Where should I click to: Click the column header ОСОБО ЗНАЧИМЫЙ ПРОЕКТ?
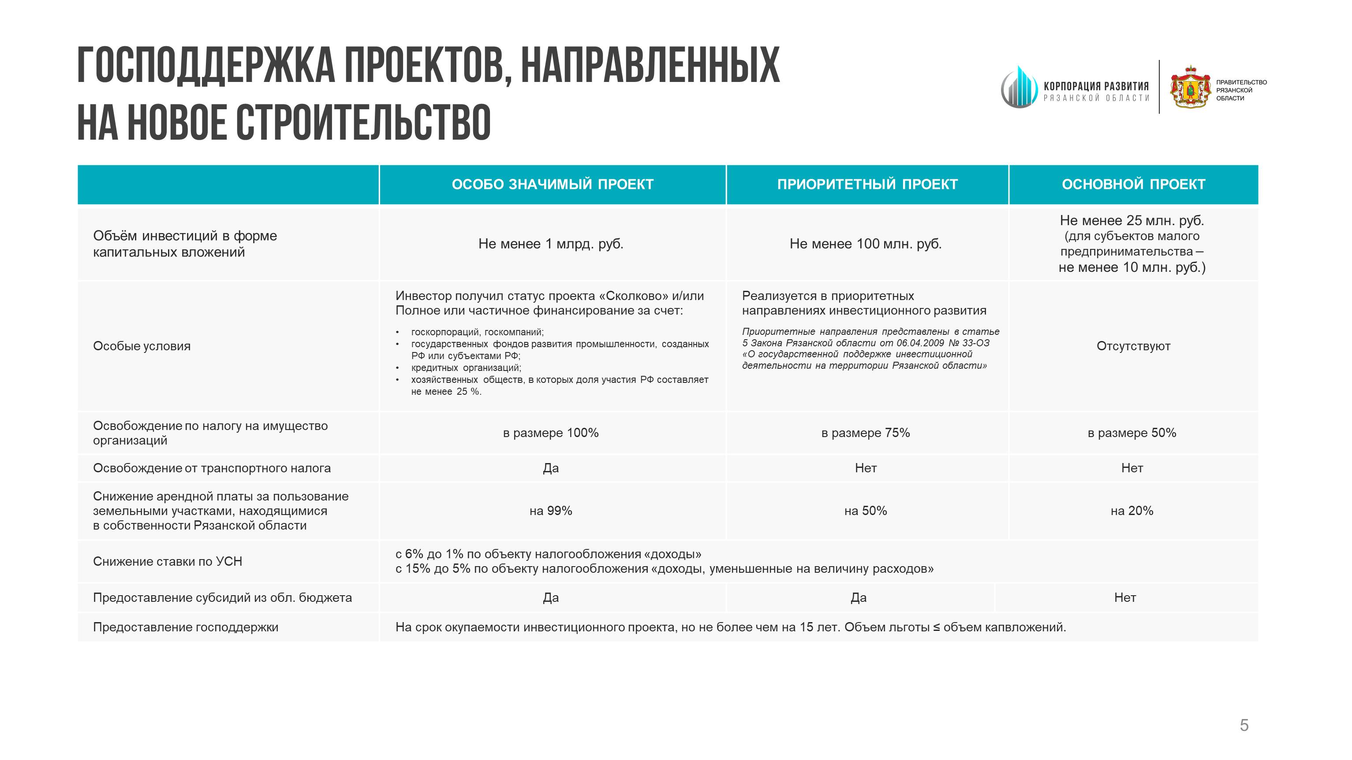tap(552, 184)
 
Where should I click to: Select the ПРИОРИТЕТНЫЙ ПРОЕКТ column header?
tap(867, 184)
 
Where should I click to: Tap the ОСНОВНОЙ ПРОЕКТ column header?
tap(1133, 184)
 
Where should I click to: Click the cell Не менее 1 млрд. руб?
tap(551, 244)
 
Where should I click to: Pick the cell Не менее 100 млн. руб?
tap(866, 244)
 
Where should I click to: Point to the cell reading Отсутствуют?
tap(1133, 346)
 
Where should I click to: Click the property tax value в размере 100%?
tap(551, 433)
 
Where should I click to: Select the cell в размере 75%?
tap(866, 433)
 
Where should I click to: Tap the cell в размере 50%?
tap(1132, 433)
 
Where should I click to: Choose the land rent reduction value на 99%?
tap(551, 511)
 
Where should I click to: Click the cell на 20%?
tap(1132, 511)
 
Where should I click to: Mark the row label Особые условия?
tap(142, 346)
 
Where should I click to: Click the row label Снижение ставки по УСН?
tap(168, 561)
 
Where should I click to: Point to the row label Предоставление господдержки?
tap(185, 627)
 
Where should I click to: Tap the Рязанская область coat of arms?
tap(1190, 87)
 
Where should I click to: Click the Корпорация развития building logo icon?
tap(1019, 88)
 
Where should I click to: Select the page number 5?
tap(1244, 725)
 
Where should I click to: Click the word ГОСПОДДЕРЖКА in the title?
tap(206, 66)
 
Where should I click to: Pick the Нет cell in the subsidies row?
tap(1125, 598)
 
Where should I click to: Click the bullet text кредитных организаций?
tap(466, 368)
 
